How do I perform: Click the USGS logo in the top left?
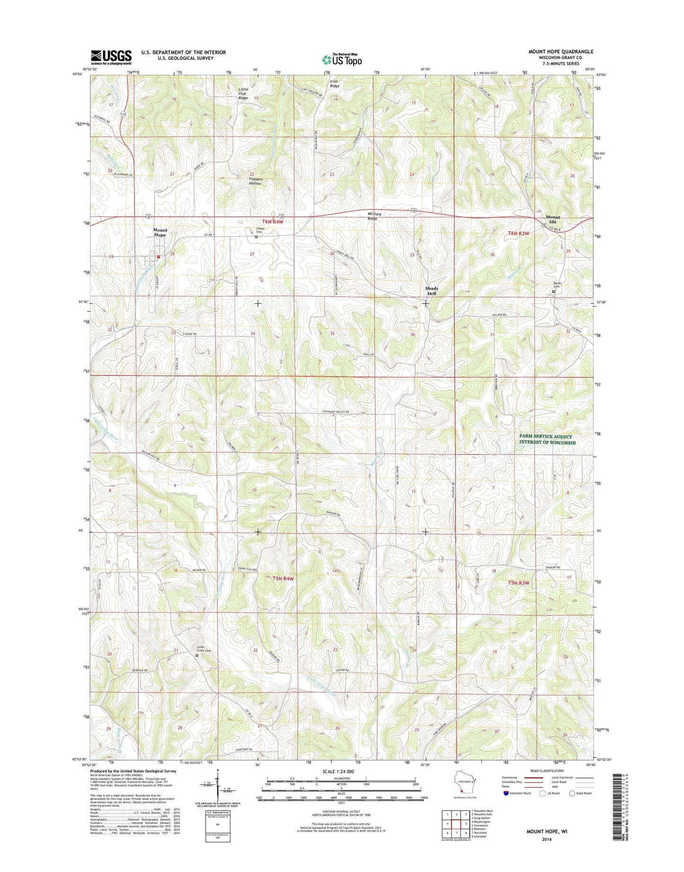[111, 57]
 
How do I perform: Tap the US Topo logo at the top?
[342, 60]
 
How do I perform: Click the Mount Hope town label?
[160, 232]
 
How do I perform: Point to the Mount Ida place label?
[552, 219]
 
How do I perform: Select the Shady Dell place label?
[431, 291]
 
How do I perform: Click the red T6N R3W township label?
[518, 233]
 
